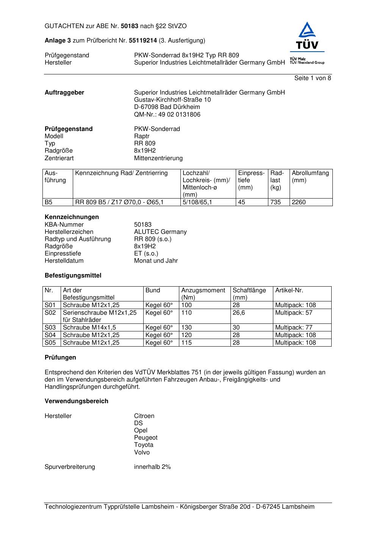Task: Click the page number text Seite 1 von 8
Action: point(312,78)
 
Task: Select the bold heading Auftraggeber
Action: point(64,93)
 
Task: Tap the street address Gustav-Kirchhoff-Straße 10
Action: point(172,100)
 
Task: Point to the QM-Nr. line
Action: point(167,115)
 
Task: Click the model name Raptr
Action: point(142,136)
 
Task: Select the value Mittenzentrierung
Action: point(158,158)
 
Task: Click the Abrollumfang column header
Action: point(310,177)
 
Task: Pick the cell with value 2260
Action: point(299,202)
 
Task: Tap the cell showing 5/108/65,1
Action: point(197,202)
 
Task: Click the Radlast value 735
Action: point(276,202)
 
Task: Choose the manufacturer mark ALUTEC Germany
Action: point(160,232)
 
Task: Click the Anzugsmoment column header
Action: point(203,294)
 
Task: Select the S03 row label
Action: point(50,328)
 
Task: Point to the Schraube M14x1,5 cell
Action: point(89,328)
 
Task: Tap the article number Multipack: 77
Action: point(294,328)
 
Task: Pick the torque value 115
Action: point(186,343)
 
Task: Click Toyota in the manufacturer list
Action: point(144,445)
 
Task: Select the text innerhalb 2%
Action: point(152,467)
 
